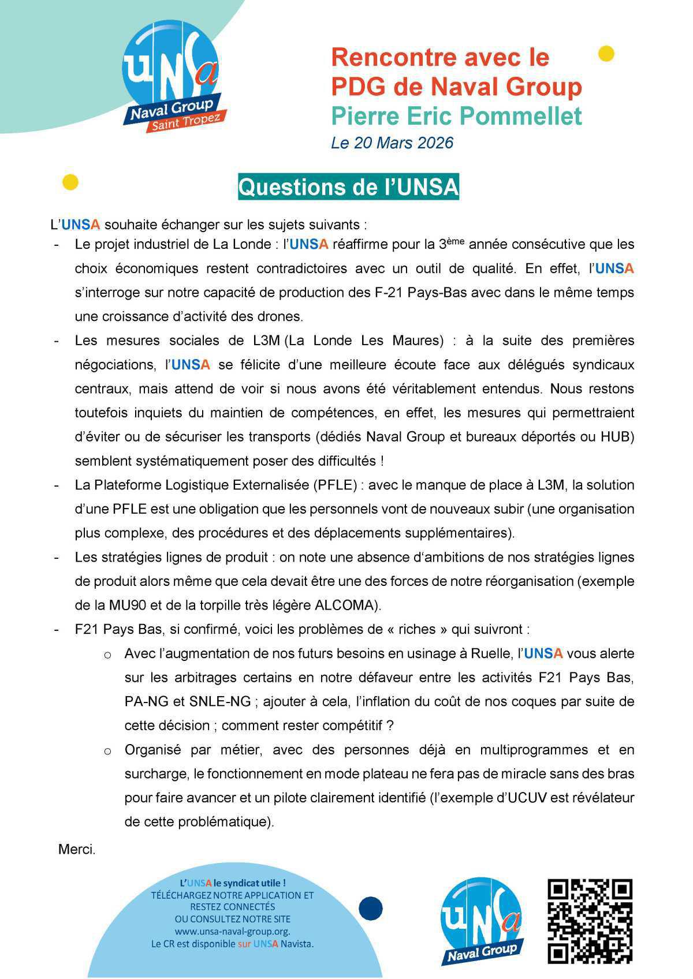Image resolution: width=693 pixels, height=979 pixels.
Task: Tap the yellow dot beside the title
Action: point(606,54)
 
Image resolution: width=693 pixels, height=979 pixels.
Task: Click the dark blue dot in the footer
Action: point(370,909)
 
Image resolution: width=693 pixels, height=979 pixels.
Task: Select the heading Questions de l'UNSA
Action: point(348,188)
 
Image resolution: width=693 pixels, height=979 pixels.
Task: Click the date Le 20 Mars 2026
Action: point(392,143)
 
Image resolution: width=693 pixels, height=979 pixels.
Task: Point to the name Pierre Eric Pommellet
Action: point(456,116)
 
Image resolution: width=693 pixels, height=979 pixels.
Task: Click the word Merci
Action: point(77,850)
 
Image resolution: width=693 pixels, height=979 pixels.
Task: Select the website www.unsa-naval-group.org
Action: point(232,932)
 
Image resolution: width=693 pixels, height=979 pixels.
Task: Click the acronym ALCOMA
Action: point(345,606)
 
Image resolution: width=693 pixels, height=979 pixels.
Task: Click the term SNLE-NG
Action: point(219,702)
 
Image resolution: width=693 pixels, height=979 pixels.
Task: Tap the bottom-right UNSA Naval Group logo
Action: point(481,922)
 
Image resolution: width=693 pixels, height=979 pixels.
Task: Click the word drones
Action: point(281,316)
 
